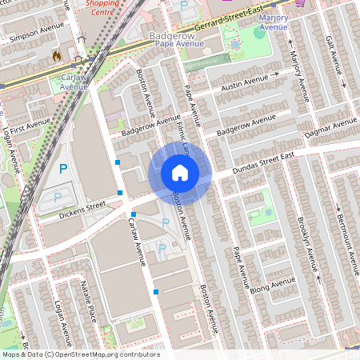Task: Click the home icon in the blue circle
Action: pyautogui.click(x=180, y=173)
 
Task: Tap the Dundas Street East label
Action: pyautogui.click(x=264, y=163)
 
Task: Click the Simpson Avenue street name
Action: pyautogui.click(x=34, y=32)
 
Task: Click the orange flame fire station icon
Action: pyautogui.click(x=56, y=56)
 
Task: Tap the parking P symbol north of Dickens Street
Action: pyautogui.click(x=63, y=169)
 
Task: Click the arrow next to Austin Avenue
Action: pyautogui.click(x=276, y=74)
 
